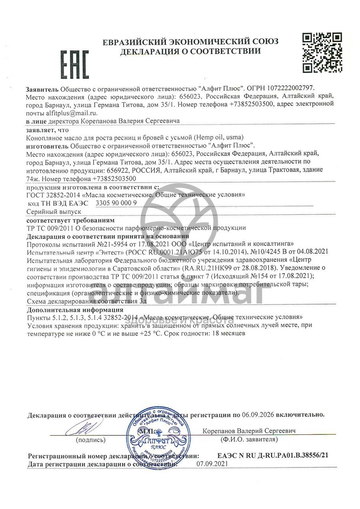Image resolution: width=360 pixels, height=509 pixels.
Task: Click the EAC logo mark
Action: [74, 64]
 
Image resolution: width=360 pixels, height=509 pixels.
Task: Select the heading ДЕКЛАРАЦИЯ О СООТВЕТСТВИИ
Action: [190, 51]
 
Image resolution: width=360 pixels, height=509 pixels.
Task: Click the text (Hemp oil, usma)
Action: [220, 137]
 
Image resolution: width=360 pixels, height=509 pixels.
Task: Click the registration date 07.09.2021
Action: [212, 464]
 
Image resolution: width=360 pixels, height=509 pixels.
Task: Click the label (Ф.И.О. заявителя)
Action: [249, 439]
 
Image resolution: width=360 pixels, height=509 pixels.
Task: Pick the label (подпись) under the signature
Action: [90, 440]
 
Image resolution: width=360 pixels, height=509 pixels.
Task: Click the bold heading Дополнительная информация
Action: [75, 310]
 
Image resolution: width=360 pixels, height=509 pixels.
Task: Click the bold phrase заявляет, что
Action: [47, 130]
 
